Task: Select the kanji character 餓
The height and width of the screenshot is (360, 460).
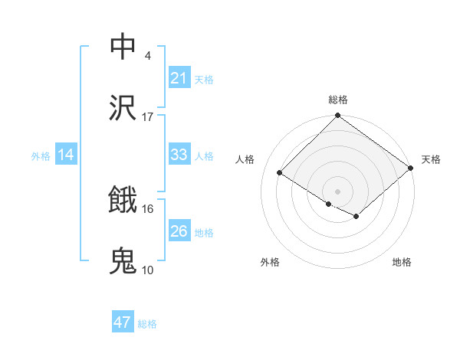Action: [x=123, y=200]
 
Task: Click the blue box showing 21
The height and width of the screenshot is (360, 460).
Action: [x=179, y=77]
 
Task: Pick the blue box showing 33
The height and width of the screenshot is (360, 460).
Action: [x=179, y=155]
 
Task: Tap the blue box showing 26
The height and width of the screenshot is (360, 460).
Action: [x=179, y=231]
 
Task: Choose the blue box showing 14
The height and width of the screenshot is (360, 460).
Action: [x=66, y=155]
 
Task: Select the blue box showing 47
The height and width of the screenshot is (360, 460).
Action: [x=123, y=322]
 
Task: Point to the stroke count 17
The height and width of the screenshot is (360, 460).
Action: [x=147, y=116]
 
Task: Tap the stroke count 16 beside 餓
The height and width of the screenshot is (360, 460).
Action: [x=147, y=208]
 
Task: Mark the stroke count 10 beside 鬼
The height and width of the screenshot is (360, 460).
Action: [x=147, y=270]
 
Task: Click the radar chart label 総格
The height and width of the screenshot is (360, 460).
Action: [x=338, y=100]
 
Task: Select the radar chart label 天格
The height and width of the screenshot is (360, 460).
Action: [x=431, y=159]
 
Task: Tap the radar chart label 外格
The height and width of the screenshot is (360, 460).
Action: [x=270, y=262]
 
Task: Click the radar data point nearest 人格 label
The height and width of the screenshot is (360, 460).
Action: [x=280, y=172]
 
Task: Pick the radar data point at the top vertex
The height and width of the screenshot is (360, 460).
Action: [x=338, y=116]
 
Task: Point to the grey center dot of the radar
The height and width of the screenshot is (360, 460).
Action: [x=338, y=191]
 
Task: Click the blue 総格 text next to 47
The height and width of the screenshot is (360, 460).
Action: [x=147, y=324]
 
